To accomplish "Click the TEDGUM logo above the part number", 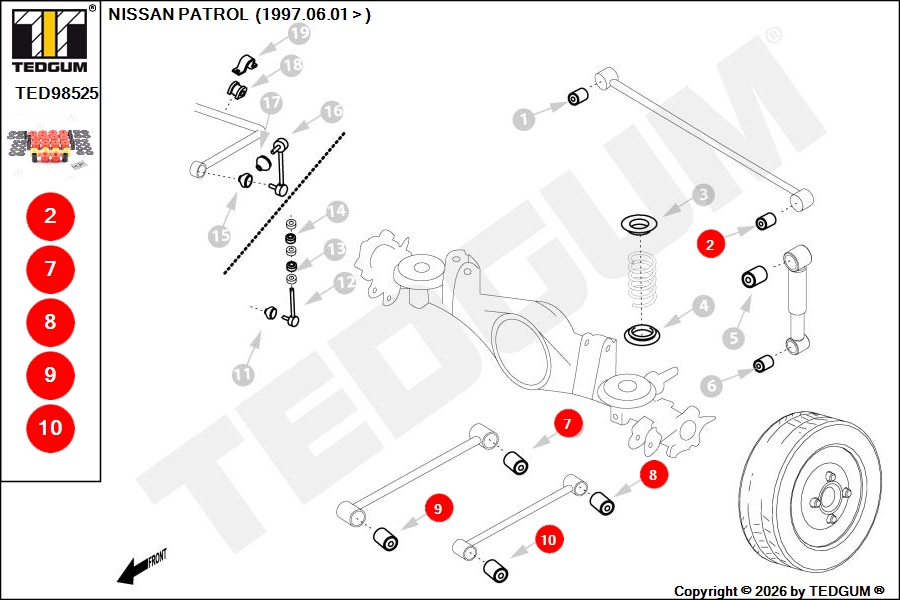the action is point(51,39).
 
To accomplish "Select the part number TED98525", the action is point(57,93).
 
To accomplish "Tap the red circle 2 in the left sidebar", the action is point(51,216).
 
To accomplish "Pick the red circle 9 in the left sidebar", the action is point(51,375).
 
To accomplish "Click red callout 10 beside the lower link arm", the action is point(548,540).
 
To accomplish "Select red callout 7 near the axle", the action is point(568,424).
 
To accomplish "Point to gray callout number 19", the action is point(299,34).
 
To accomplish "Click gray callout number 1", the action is point(523,119).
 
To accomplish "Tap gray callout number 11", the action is point(243,375).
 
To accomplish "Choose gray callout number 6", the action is point(711,385).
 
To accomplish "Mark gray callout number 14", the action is point(337,211).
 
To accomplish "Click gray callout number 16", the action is point(332,111).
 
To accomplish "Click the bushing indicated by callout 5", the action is point(754,277).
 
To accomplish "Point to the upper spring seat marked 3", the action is point(642,223).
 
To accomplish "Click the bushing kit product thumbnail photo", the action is point(51,146).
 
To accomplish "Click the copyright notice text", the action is point(779,591).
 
